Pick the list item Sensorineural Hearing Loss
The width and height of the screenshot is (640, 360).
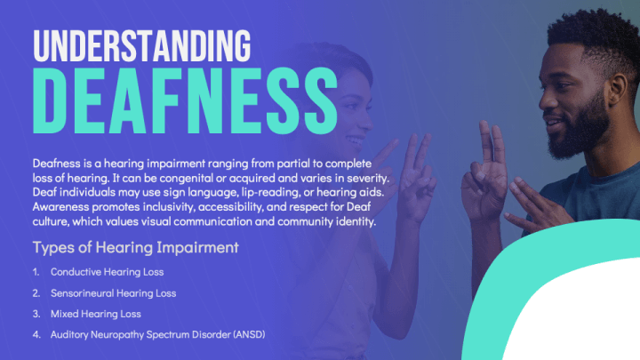113,292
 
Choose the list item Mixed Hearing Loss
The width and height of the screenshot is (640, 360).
96,313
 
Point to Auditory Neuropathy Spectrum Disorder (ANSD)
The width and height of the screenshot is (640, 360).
158,334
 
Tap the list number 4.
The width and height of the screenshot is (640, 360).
36,334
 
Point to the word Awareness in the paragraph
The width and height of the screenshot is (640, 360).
60,206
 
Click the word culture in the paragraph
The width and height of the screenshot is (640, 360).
52,220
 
